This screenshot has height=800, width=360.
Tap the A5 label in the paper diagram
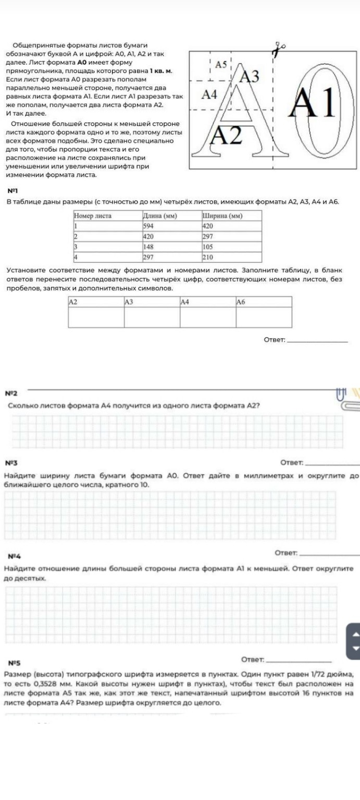click(221, 65)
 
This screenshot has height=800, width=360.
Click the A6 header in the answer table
click(241, 302)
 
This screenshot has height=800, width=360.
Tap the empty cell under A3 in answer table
click(152, 317)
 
